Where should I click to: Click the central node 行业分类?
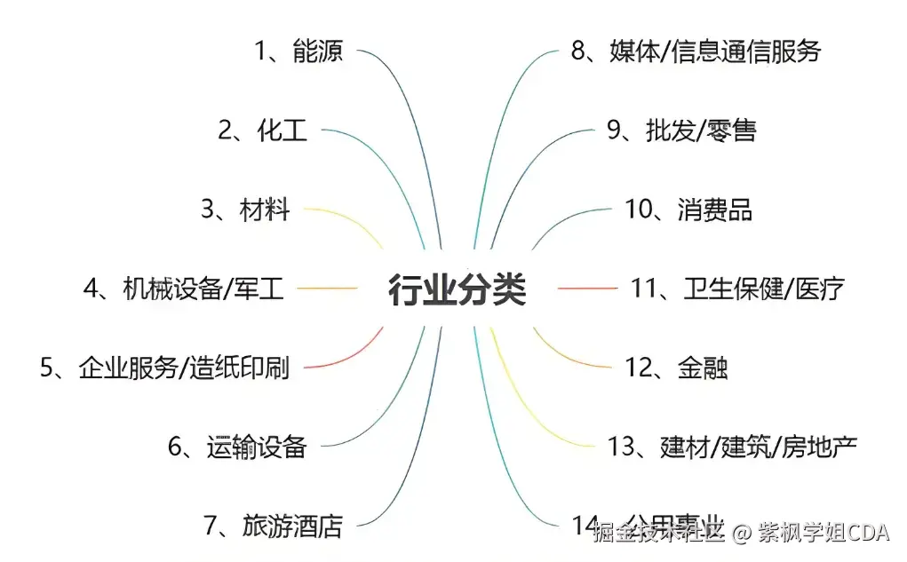point(457,289)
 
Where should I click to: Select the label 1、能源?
point(298,51)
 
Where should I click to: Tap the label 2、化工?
point(263,131)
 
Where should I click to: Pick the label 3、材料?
point(245,210)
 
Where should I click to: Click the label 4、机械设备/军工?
point(183,289)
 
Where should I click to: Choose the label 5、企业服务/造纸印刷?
point(164,368)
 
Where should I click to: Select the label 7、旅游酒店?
point(273,526)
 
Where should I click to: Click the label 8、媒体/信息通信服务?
point(696,51)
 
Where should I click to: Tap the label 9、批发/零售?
point(681,131)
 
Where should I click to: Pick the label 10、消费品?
point(688,210)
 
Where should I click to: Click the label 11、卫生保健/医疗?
point(737,289)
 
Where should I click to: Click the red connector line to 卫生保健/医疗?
point(586,289)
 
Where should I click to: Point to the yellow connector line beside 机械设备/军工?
point(326,289)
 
